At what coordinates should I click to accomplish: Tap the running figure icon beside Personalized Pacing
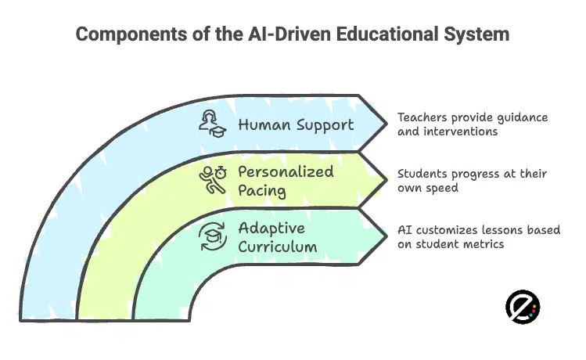pyautogui.click(x=212, y=180)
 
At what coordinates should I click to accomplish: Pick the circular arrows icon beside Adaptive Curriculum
pyautogui.click(x=212, y=236)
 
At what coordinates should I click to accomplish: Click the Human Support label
pyautogui.click(x=296, y=124)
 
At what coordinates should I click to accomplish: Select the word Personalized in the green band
pyautogui.click(x=285, y=171)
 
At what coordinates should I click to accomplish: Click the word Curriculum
pyautogui.click(x=276, y=247)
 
